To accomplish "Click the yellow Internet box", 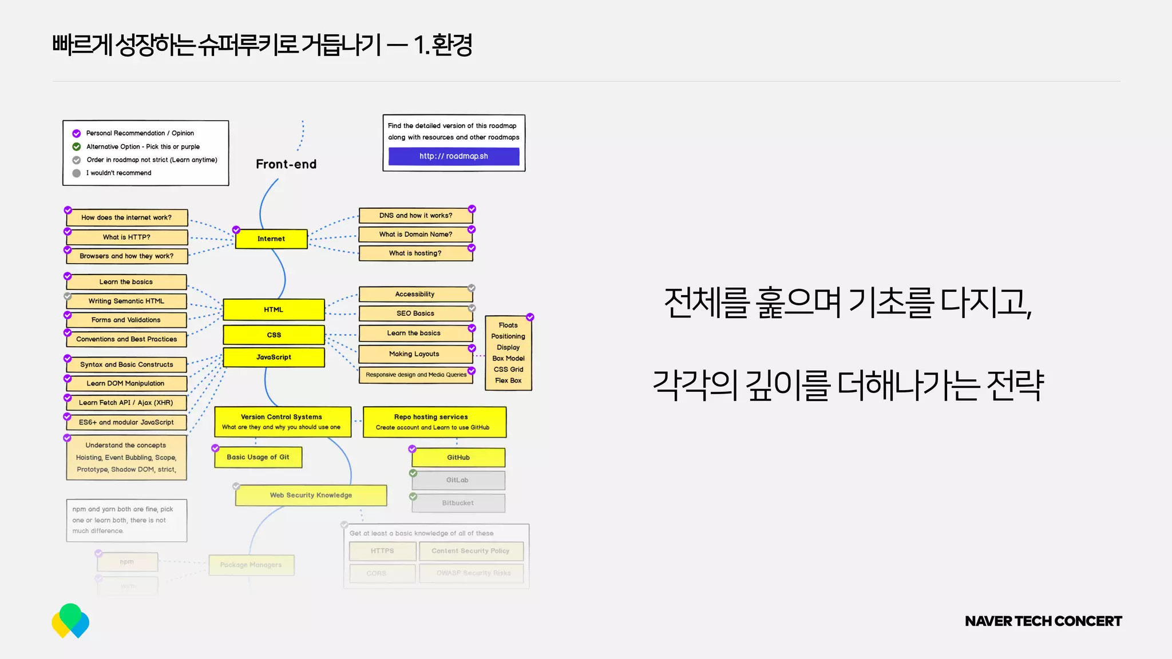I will coord(271,239).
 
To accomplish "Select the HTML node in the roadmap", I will coord(274,309).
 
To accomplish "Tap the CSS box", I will coord(274,335).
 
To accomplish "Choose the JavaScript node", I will coord(274,357).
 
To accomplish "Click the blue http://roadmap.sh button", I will coord(454,156).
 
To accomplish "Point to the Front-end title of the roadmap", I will coord(286,164).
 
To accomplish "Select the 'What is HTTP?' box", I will coord(127,237).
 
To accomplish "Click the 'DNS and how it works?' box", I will coord(416,216).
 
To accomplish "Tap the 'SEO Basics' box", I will coord(415,313).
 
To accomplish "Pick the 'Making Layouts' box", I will coord(414,354).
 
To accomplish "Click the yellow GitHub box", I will coord(458,458).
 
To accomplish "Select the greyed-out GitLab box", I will coord(458,480).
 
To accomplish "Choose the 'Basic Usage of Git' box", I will coord(258,457).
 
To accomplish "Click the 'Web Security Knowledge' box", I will coord(311,495).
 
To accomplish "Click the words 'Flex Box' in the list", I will coord(508,380).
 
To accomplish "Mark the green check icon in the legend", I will coord(76,146).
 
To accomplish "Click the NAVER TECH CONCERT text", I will coord(1043,621).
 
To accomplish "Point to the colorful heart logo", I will coord(70,621).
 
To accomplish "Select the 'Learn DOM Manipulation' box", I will coord(126,383).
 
